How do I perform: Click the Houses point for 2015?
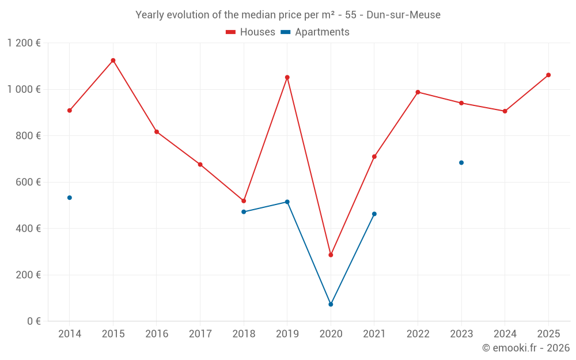pos(113,60)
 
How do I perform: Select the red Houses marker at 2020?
pos(331,255)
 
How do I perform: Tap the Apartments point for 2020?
pos(331,304)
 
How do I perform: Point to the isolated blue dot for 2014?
pos(70,198)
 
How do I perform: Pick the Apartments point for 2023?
pos(461,162)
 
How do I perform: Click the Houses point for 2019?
pos(287,77)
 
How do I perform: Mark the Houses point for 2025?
pos(548,75)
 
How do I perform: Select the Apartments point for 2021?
pos(374,214)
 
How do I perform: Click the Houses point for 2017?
pos(200,165)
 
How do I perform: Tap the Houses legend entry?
pos(251,32)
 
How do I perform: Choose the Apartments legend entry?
pos(315,32)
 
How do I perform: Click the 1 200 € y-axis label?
pos(24,43)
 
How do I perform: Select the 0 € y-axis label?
pos(34,321)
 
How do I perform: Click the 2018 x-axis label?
pos(244,334)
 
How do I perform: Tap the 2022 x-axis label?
pos(418,334)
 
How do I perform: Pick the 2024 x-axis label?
pos(505,334)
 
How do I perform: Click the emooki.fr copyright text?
pos(526,348)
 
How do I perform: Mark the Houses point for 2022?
pos(418,92)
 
